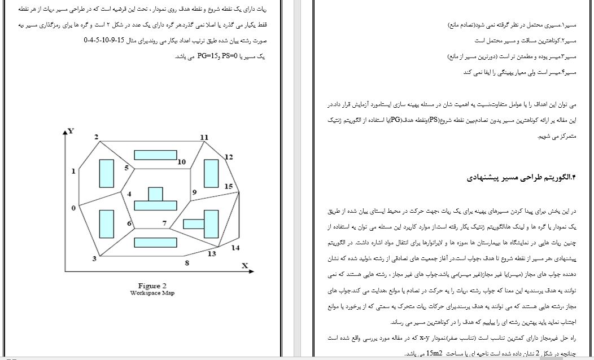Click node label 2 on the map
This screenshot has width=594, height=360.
click(x=97, y=137)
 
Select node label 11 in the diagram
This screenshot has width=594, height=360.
click(x=204, y=137)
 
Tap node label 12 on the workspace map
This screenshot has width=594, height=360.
click(x=229, y=157)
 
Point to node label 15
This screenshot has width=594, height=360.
click(x=228, y=186)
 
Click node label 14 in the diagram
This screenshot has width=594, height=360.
click(x=235, y=248)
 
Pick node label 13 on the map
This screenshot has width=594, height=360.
click(x=212, y=253)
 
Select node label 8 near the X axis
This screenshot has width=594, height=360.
click(x=186, y=263)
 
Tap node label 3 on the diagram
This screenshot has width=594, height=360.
click(x=94, y=258)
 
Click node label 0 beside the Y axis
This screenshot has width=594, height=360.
click(x=73, y=208)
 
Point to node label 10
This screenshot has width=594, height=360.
click(x=181, y=162)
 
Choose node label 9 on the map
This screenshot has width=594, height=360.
click(x=194, y=192)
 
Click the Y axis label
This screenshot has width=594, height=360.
click(x=71, y=131)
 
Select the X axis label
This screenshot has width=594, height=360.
click(x=245, y=265)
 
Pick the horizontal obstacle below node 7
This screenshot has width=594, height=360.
click(x=154, y=243)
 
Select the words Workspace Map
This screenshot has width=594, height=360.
click(x=152, y=293)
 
